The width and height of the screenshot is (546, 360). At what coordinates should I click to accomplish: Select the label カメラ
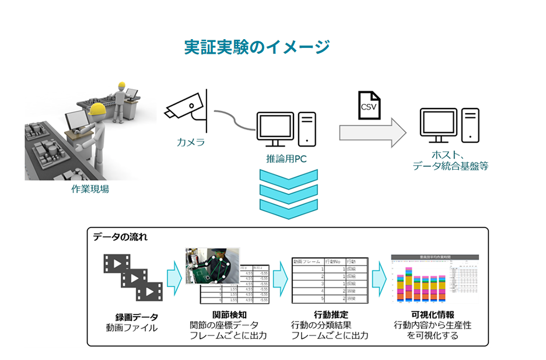(191, 142)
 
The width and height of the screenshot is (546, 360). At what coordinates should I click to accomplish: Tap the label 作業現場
(90, 189)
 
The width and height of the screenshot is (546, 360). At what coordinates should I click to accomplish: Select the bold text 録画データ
(136, 317)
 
